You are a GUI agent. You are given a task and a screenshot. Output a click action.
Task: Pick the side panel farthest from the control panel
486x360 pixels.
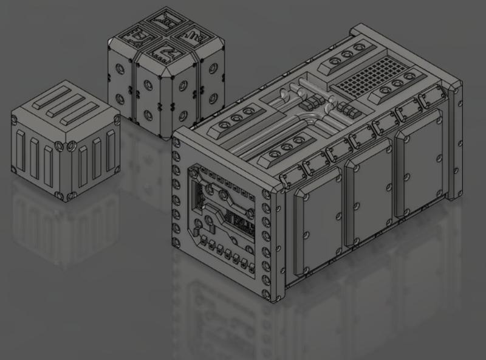[x=420, y=163]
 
